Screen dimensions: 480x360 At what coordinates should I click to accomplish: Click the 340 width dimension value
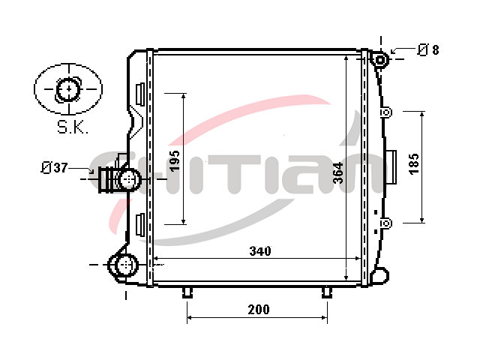coord(260,251)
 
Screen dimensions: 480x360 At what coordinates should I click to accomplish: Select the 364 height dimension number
coord(338,173)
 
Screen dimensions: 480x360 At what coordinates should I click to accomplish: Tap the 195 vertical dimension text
coord(175,160)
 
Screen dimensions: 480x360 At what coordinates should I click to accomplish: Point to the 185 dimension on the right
coord(413,163)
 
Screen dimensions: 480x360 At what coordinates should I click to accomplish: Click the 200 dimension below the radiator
coord(259,310)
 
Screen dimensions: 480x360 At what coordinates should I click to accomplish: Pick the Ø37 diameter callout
coord(54,168)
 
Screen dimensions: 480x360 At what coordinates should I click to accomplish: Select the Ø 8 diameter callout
coord(428,49)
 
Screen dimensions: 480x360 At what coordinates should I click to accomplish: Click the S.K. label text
coord(73,127)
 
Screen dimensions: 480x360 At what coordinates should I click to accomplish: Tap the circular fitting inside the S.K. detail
coord(68,89)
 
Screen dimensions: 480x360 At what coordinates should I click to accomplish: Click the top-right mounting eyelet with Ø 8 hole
coord(380,60)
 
